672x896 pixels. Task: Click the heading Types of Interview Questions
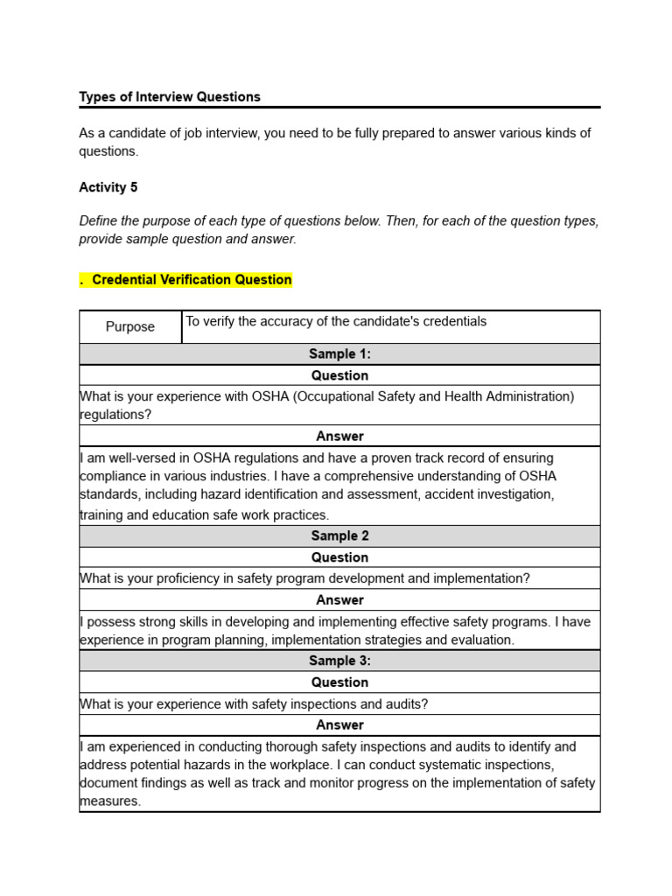coord(170,97)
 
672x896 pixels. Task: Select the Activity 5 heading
coord(108,187)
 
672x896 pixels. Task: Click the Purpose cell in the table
coord(130,327)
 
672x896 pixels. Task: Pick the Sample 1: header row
coord(339,354)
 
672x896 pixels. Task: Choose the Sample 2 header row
coord(339,536)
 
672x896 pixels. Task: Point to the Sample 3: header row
coord(339,661)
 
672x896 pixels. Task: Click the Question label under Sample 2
coord(339,557)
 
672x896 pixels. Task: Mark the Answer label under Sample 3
coord(339,725)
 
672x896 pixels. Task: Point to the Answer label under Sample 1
coord(339,437)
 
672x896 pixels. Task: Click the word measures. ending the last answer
coord(110,801)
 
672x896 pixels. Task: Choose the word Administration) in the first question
coord(521,396)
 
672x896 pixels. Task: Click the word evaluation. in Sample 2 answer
coord(483,640)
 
